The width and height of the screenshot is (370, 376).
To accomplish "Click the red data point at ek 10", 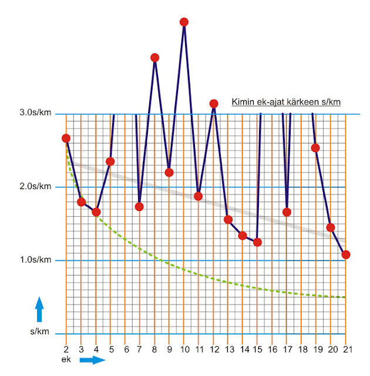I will tap(184, 22).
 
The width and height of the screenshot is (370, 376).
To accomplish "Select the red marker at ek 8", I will tap(154, 58).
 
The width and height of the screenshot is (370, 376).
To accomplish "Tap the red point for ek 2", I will tap(66, 139).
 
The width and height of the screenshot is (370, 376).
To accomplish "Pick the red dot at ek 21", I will tap(346, 254).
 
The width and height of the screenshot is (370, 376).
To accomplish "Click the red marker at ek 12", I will tap(214, 104).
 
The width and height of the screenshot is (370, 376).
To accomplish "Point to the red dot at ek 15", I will tap(257, 242).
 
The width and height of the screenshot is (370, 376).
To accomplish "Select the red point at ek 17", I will tap(287, 212).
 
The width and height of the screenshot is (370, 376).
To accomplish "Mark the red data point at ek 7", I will tap(139, 207).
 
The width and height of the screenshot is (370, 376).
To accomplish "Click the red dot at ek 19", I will tap(315, 147).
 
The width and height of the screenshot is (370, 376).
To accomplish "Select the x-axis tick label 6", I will tap(125, 348).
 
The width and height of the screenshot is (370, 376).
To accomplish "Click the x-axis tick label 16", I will tap(272, 348).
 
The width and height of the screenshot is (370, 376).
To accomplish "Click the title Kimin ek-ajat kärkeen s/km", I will tap(287, 102).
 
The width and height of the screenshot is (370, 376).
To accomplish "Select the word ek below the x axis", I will tap(65, 358).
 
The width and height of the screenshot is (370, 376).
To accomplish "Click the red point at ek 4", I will tap(96, 212).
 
